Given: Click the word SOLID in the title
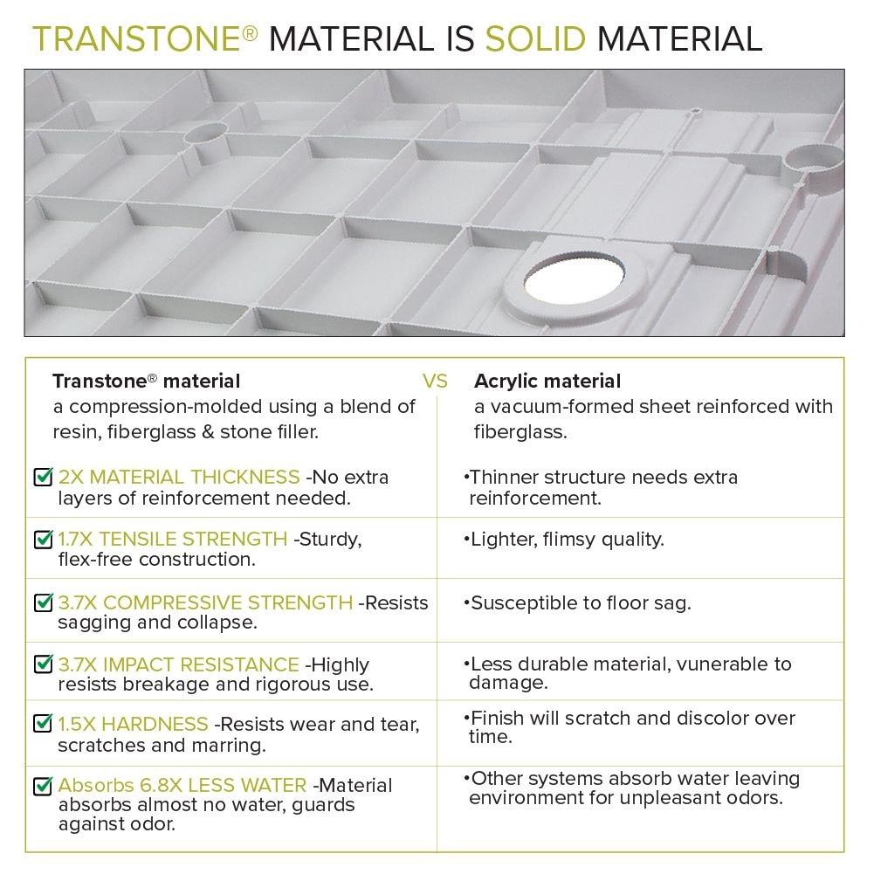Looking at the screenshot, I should coord(533,38).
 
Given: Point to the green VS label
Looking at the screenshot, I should coord(435,382).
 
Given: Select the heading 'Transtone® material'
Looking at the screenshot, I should coord(146,381).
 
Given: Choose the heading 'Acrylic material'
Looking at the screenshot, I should coord(547,381).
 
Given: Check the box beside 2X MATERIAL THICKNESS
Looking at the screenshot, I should coord(43,478).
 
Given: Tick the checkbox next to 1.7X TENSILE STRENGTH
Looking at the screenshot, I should coord(43,540).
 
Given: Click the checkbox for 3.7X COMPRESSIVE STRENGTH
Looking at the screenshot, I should coord(43,602).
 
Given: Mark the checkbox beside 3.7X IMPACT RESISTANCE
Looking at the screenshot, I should coord(43,664).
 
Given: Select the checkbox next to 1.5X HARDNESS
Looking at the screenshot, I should coord(43,724).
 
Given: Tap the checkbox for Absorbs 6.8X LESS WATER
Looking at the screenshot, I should coord(43,786).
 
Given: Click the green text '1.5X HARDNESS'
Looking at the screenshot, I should coord(133,724).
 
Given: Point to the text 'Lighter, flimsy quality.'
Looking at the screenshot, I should coord(567,540).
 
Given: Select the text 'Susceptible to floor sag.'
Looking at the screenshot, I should coord(581,602).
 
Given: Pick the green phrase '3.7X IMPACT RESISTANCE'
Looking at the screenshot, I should coord(178,664).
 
